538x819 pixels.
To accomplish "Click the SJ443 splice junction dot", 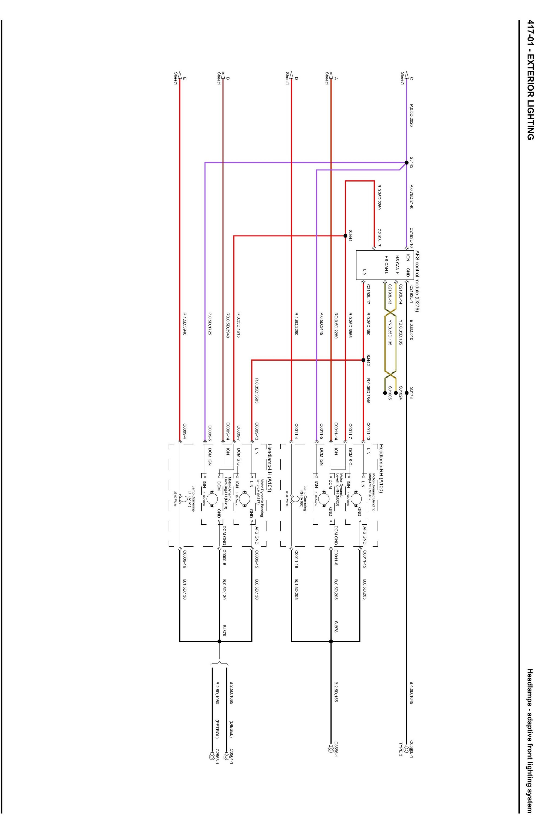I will (x=406, y=162).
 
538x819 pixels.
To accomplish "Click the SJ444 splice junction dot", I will (x=345, y=236).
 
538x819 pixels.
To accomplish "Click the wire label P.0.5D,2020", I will (x=411, y=116).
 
